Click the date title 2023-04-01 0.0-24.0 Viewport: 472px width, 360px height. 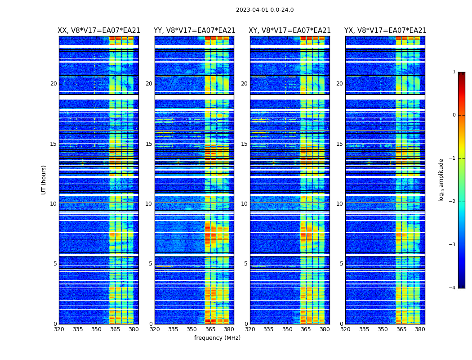click(265, 10)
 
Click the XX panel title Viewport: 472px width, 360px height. click(99, 31)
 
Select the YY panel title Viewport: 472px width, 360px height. click(195, 31)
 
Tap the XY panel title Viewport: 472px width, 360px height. click(290, 31)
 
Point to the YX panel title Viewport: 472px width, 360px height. click(385, 31)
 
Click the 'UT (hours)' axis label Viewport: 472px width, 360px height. click(44, 180)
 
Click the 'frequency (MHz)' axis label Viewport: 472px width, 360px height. click(217, 338)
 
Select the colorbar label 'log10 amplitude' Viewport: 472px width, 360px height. click(441, 180)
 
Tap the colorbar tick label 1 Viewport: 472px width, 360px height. click(454, 72)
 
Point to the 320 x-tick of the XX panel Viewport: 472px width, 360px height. click(59, 330)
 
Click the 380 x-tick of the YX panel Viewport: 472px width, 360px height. click(420, 330)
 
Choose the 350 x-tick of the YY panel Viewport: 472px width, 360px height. click(192, 330)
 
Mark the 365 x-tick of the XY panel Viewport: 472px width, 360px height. click(306, 330)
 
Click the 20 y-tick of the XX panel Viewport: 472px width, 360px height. click(53, 84)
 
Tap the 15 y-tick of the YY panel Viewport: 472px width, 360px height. click(149, 144)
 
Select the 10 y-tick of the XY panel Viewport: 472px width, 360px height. click(244, 204)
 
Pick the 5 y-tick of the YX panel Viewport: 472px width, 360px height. click(341, 264)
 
